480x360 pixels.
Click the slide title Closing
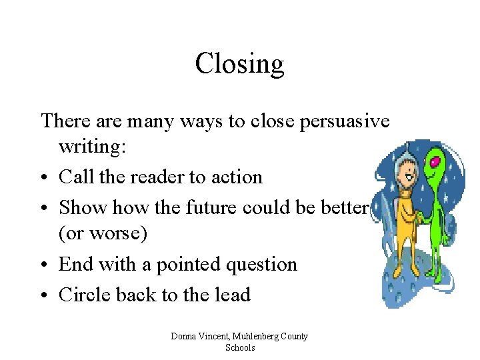pos(240,64)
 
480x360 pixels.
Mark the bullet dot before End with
pos(45,265)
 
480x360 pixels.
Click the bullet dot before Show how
pos(45,208)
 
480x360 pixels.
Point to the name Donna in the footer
pos(183,336)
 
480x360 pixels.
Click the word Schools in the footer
pos(240,347)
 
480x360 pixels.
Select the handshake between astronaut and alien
pos(418,217)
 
